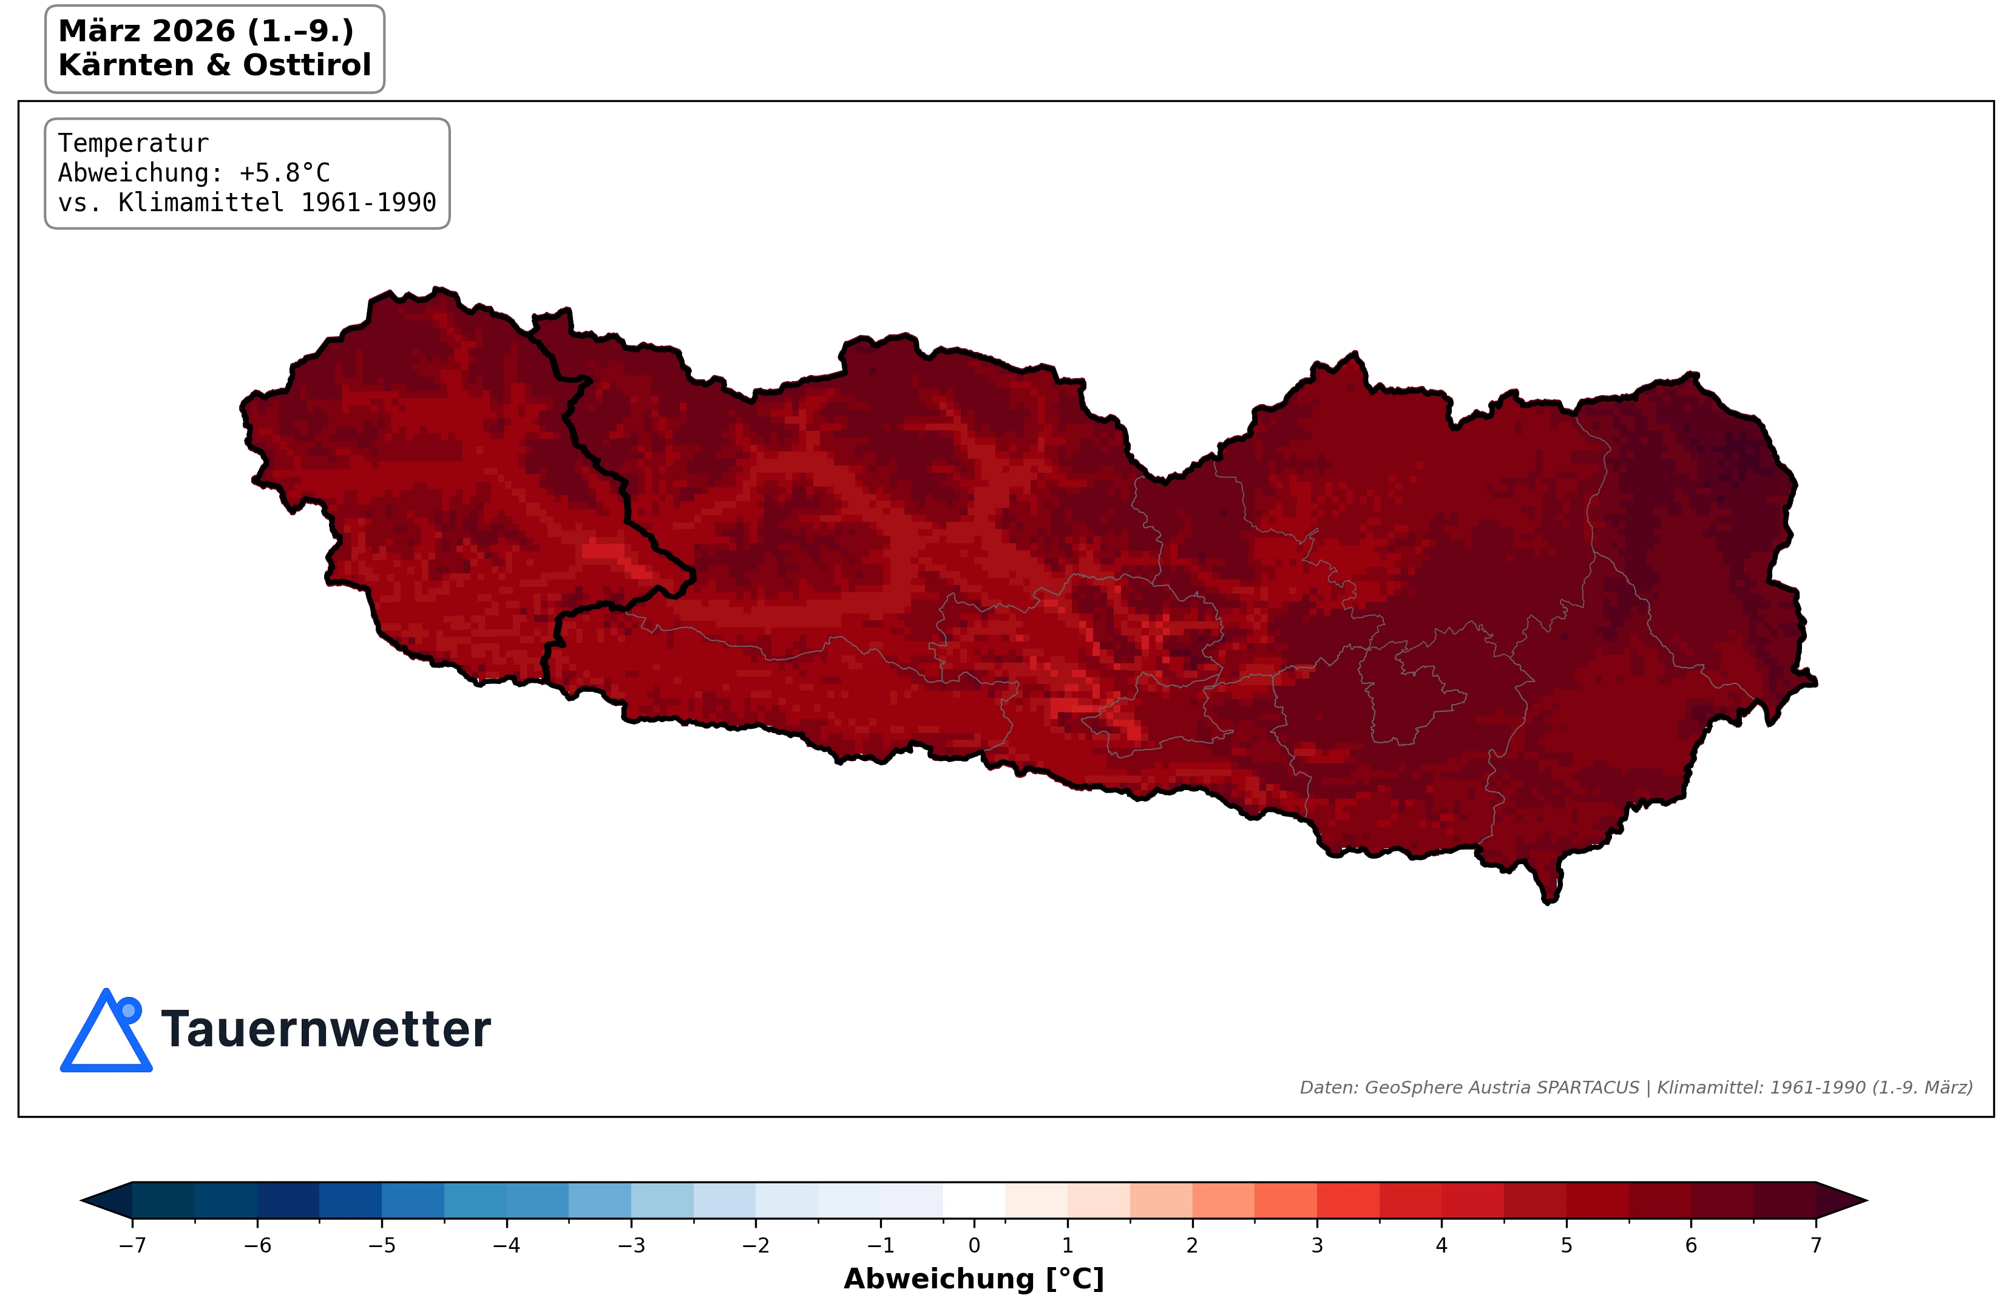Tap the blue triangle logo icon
point(105,1035)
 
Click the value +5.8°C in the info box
point(284,172)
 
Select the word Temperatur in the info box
point(133,143)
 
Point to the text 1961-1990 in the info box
point(368,202)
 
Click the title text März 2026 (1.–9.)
point(205,32)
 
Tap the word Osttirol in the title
point(307,65)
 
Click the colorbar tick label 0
point(974,1245)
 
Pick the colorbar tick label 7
point(1815,1245)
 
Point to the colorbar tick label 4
point(1441,1245)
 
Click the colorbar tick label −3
point(631,1245)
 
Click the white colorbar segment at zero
point(974,1200)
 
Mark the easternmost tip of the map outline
point(1815,682)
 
